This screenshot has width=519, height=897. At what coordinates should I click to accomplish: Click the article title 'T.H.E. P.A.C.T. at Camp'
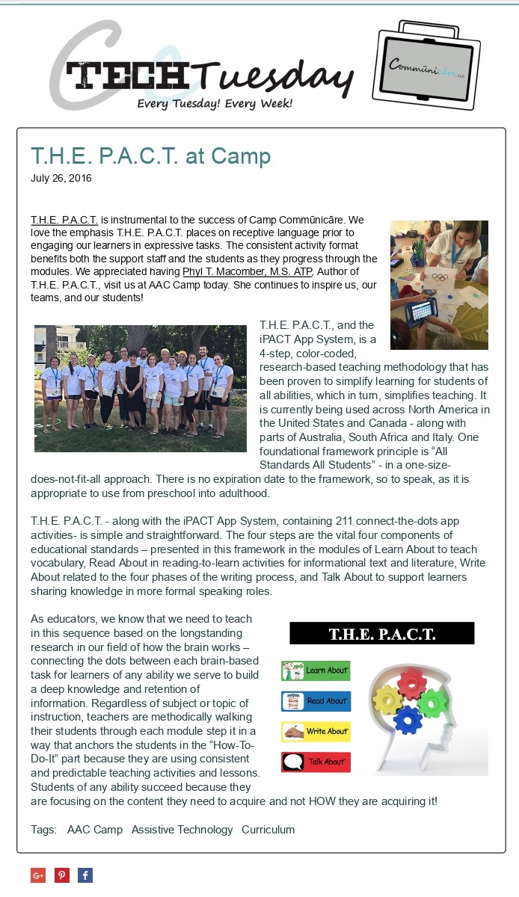[150, 155]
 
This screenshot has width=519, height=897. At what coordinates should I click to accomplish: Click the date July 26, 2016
[61, 179]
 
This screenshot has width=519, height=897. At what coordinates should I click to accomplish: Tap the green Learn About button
[316, 671]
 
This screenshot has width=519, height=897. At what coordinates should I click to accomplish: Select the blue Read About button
[316, 701]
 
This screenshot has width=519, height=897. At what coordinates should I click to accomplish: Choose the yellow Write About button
[316, 731]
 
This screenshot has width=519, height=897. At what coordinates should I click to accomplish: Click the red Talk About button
[316, 762]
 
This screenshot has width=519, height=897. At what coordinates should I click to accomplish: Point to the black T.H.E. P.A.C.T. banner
[381, 634]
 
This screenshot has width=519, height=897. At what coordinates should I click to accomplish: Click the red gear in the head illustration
[411, 682]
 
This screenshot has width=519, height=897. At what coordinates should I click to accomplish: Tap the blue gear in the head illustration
[408, 720]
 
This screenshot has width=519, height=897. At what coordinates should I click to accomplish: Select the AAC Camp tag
[95, 830]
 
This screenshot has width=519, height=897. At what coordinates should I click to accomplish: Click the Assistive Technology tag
[182, 830]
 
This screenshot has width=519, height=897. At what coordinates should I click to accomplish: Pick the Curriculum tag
[268, 830]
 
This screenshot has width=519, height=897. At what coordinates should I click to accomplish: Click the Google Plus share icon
[38, 875]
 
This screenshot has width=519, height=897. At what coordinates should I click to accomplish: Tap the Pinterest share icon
[62, 875]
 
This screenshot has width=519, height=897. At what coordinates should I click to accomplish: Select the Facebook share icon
[85, 875]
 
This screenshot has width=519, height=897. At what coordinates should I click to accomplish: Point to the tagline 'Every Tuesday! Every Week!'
[215, 103]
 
